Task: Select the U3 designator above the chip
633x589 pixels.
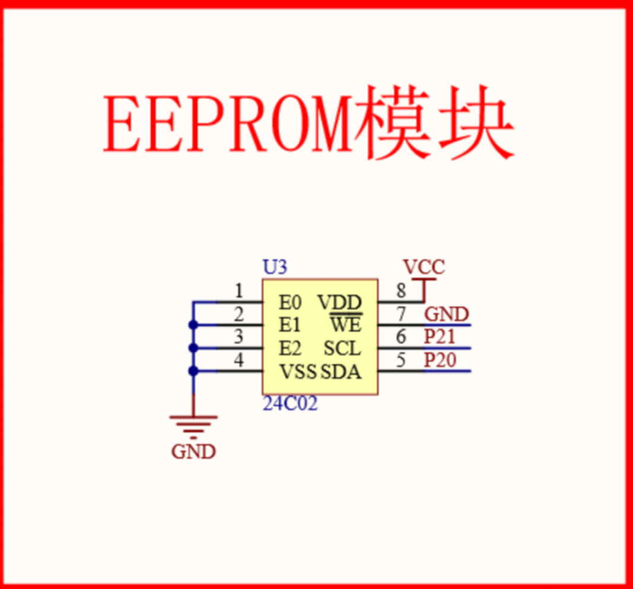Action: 275,268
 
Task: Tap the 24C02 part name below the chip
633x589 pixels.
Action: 290,405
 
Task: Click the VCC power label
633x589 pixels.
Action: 424,267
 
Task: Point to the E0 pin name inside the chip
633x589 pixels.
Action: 291,303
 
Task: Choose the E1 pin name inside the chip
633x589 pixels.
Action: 291,325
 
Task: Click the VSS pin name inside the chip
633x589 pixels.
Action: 298,372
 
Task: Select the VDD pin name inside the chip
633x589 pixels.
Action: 340,303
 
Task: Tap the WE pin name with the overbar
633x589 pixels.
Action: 345,325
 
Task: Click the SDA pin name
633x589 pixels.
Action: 341,372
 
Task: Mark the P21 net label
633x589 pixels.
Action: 440,337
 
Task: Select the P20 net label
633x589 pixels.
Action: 440,360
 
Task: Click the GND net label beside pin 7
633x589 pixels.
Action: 447,314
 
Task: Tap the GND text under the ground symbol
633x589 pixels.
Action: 193,452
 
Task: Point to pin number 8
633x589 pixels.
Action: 401,291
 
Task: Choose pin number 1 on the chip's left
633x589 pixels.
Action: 238,291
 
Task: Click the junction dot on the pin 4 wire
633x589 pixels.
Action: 193,371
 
